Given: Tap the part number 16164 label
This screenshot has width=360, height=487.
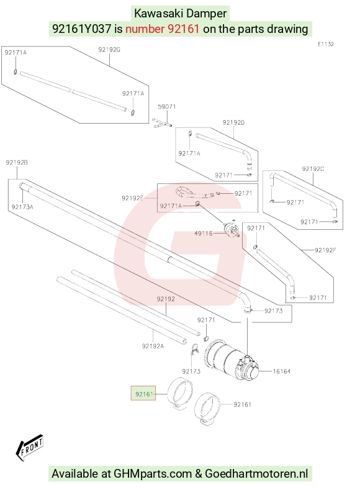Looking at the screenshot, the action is [x=282, y=371].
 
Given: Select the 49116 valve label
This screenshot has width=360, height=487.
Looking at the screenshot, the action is [x=204, y=234].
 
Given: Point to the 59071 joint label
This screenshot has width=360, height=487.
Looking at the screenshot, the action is [x=166, y=107].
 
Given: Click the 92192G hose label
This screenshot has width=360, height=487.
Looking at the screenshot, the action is [x=109, y=50].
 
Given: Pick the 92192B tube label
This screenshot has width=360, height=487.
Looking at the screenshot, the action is [x=17, y=163].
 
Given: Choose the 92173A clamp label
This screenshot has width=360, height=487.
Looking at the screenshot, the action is [x=22, y=207].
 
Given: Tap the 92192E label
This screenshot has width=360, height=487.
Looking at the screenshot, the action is [x=133, y=198].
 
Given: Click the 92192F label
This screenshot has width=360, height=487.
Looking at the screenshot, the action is [x=325, y=250].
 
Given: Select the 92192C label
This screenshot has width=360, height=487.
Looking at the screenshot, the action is [x=313, y=169].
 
